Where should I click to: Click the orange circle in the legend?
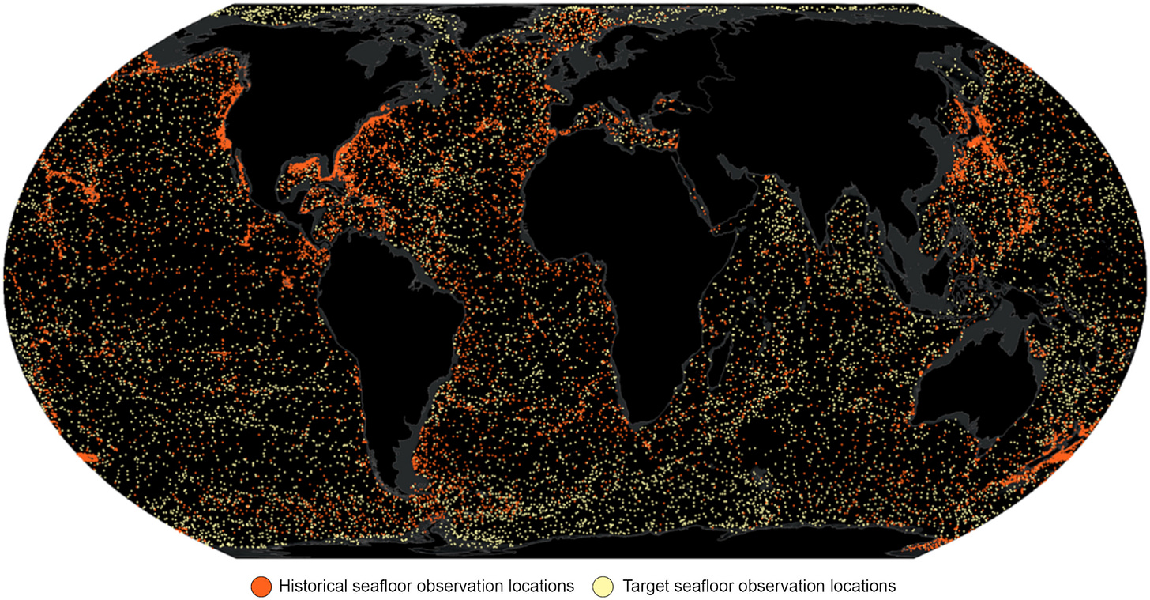pos(261,586)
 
